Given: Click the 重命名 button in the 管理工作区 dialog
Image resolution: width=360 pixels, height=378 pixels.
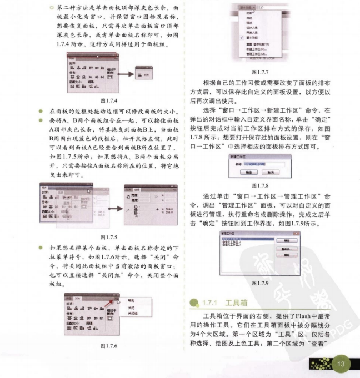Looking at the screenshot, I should coord(286,249).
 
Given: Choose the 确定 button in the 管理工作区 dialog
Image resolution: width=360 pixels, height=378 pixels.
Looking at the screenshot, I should coord(286,241).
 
